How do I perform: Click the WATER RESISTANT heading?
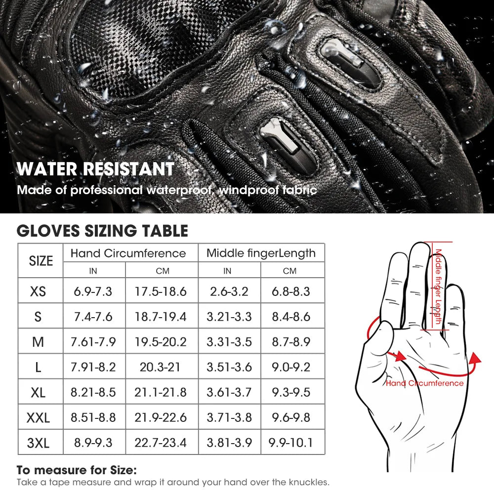click(95, 169)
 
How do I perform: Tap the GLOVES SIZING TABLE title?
click(102, 231)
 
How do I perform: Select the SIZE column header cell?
click(41, 260)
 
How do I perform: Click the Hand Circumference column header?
click(128, 253)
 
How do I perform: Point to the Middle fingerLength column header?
click(261, 253)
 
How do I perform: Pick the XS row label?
click(38, 291)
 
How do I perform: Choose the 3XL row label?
click(38, 443)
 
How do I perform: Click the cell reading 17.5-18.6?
click(161, 291)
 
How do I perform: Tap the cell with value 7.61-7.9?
click(93, 342)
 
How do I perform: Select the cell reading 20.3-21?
click(161, 367)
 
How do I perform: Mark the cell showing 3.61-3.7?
click(229, 392)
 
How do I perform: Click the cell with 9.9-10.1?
click(291, 443)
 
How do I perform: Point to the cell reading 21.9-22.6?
click(161, 417)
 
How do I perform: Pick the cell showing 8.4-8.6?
click(291, 317)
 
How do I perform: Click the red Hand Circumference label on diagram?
click(424, 383)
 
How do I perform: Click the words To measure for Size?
click(77, 470)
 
